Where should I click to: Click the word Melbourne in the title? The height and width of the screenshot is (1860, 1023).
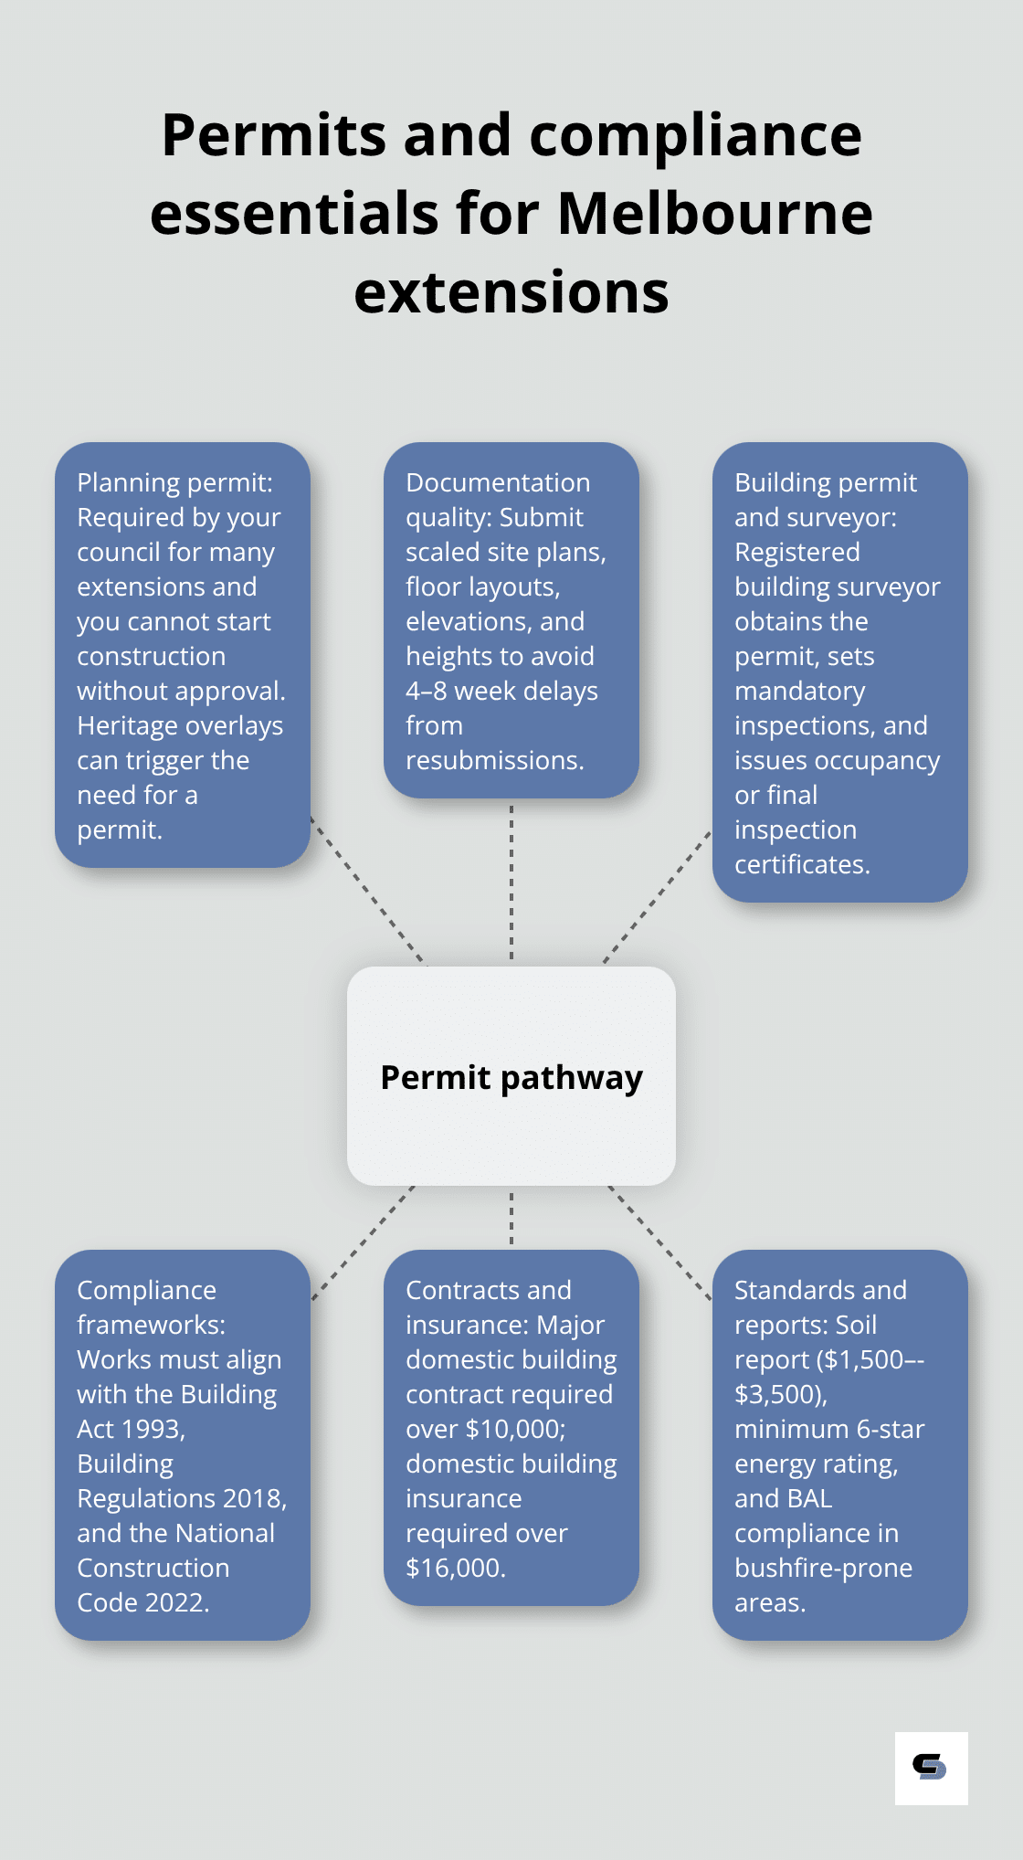714,214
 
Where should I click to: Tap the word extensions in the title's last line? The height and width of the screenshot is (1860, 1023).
511,292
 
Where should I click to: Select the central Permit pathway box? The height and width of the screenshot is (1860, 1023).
511,1076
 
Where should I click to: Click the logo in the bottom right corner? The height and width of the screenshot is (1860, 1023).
930,1768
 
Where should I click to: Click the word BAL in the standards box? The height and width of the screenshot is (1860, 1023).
808,1498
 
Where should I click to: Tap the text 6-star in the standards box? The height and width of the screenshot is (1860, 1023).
890,1429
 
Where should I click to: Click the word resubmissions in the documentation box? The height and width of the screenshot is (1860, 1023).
493,760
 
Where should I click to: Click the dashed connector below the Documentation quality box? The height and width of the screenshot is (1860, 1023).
511,882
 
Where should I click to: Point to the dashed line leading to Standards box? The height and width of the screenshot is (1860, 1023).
659,1242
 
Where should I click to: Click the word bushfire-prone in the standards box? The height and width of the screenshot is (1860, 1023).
823,1568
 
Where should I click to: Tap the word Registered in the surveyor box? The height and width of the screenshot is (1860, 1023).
796,552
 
